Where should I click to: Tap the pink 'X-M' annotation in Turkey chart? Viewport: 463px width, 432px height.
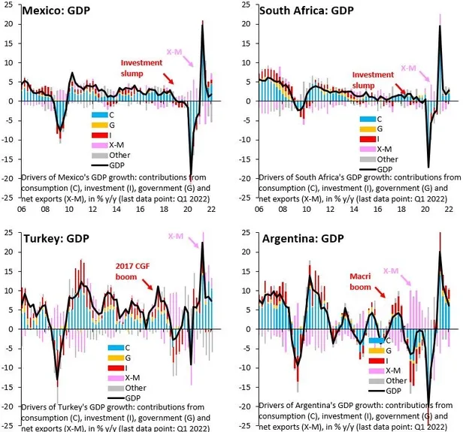(x=174, y=239)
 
